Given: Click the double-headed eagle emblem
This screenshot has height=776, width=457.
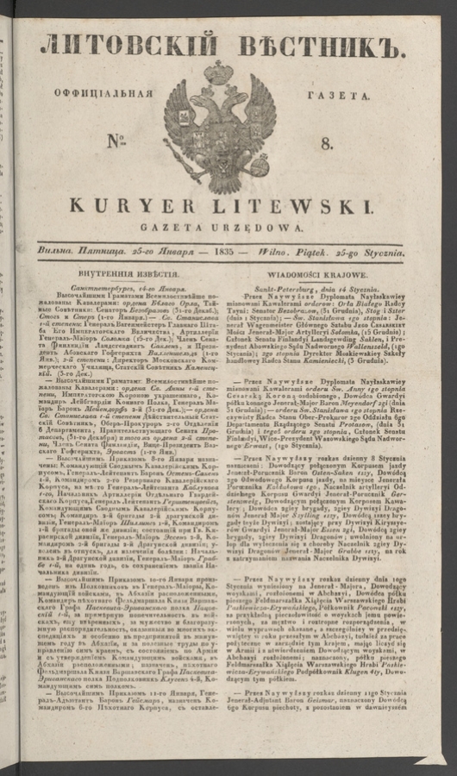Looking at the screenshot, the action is pos(228,121).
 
